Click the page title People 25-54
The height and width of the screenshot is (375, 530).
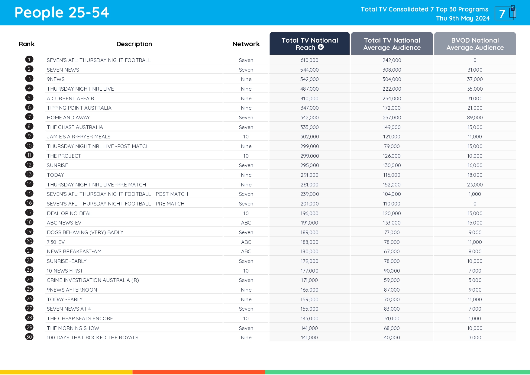pyautogui.click(x=62, y=13)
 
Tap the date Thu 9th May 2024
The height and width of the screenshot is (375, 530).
pyautogui.click(x=463, y=18)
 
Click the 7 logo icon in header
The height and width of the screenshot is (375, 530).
pyautogui.click(x=505, y=13)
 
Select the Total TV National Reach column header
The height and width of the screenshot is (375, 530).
pyautogui.click(x=309, y=44)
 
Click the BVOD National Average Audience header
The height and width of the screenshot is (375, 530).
pyautogui.click(x=475, y=44)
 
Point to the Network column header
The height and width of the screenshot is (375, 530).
pyautogui.click(x=246, y=44)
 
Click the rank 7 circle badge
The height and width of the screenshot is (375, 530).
pyautogui.click(x=29, y=117)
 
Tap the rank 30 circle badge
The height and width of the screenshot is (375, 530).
pyautogui.click(x=29, y=337)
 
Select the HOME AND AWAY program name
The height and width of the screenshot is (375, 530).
pyautogui.click(x=68, y=118)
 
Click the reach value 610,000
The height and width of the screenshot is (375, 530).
pyautogui.click(x=309, y=60)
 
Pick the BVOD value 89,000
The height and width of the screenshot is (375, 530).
pyautogui.click(x=475, y=118)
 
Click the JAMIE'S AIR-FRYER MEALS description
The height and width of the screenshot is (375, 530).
pyautogui.click(x=79, y=137)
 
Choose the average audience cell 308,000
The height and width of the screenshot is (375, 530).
pyautogui.click(x=392, y=70)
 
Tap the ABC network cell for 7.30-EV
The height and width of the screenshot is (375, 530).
pyautogui.click(x=246, y=242)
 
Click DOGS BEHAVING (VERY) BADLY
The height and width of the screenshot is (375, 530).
pyautogui.click(x=85, y=232)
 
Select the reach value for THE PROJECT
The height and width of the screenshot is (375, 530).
pyautogui.click(x=309, y=156)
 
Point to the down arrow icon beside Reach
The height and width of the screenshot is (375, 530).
pyautogui.click(x=321, y=47)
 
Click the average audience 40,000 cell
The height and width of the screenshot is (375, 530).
pyautogui.click(x=392, y=338)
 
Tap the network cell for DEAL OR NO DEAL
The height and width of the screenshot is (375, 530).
pyautogui.click(x=246, y=213)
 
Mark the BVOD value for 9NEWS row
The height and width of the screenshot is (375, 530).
pyautogui.click(x=475, y=79)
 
